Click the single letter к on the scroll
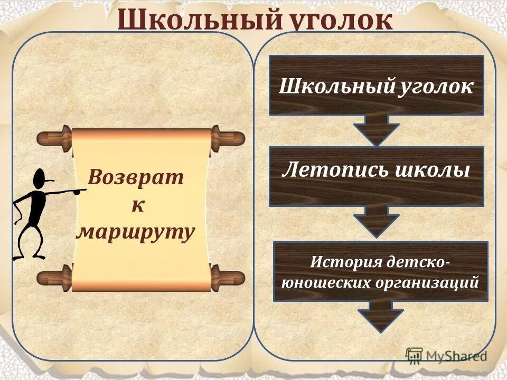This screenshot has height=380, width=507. click(137, 204)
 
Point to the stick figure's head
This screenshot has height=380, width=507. click(41, 180)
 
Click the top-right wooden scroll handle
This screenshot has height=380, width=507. click(228, 138)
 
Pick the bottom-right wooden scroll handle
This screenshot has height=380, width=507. click(228, 278)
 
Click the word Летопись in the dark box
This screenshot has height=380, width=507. click(330, 170)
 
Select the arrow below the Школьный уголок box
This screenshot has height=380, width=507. click(376, 130)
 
